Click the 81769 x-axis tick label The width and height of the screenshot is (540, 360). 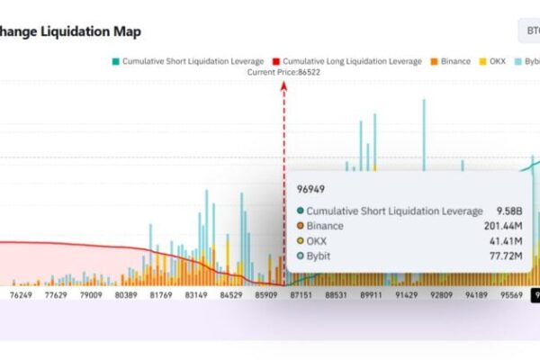coord(161,294)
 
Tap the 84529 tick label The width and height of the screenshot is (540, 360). coord(231,294)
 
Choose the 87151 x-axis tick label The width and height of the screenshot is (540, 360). coord(301,294)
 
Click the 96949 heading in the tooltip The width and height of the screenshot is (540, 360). coord(310,189)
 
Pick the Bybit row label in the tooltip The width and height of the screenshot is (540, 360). coord(319,256)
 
